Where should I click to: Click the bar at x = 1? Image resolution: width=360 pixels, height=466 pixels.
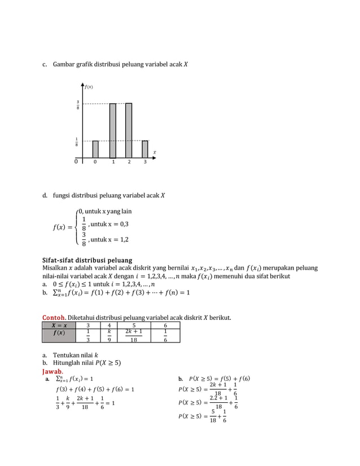113,130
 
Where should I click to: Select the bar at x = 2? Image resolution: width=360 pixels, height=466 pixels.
129,130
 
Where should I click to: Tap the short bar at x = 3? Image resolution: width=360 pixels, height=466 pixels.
145,149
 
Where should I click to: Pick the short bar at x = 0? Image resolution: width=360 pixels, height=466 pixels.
95,149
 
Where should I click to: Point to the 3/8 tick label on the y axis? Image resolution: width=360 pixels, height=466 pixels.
78,104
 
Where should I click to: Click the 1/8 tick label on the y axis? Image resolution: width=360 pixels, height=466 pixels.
78,142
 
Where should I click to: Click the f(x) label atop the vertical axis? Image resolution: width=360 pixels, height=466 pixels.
89,87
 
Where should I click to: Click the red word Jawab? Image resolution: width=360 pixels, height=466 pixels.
52,372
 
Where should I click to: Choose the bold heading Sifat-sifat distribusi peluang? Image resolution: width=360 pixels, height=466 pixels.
87,260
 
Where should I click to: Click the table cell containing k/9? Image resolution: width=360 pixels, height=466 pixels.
109,336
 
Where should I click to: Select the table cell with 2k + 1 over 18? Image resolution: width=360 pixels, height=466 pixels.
134,336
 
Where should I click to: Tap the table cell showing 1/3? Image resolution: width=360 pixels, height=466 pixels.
87,336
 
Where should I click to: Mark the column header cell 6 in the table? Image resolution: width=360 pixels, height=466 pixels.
165,325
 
